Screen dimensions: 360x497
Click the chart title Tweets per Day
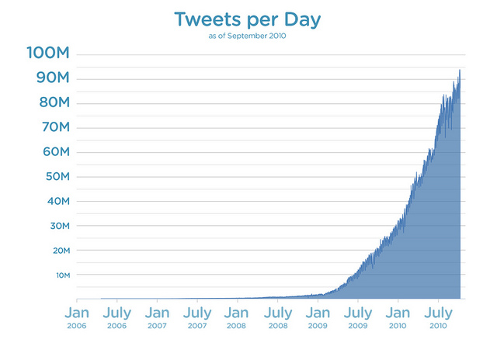(x=248, y=20)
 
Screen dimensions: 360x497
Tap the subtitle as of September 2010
(x=248, y=36)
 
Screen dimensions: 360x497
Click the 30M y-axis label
(x=55, y=226)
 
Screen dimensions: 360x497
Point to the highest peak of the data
(x=460, y=70)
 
